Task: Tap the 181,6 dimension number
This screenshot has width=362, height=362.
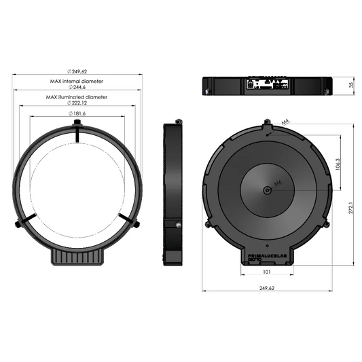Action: [x=79, y=113]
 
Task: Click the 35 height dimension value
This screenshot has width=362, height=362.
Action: [x=351, y=86]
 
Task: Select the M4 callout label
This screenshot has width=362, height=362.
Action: [x=286, y=122]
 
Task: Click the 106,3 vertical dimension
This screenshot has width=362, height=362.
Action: [x=338, y=163]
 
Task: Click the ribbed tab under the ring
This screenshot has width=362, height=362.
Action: [x=79, y=257]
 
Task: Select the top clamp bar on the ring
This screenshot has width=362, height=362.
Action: [x=79, y=134]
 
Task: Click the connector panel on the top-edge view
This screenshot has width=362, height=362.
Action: [x=268, y=85]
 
